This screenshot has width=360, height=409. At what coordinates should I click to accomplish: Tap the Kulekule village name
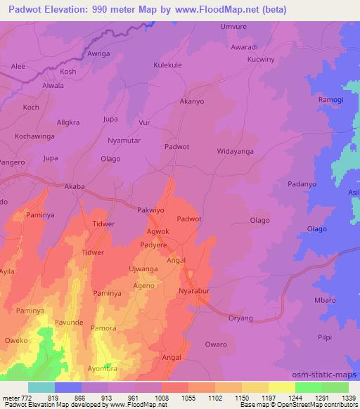click(167, 65)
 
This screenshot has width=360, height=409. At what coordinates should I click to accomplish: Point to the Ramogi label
click(332, 100)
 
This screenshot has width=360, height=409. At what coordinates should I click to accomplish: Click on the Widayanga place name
click(235, 151)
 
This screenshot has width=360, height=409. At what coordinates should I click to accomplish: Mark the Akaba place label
click(75, 187)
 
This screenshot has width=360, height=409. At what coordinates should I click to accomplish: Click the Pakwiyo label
click(150, 209)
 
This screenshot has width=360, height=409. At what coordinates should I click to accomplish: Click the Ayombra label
click(102, 368)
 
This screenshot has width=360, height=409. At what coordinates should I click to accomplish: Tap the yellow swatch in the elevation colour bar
click(281, 387)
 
